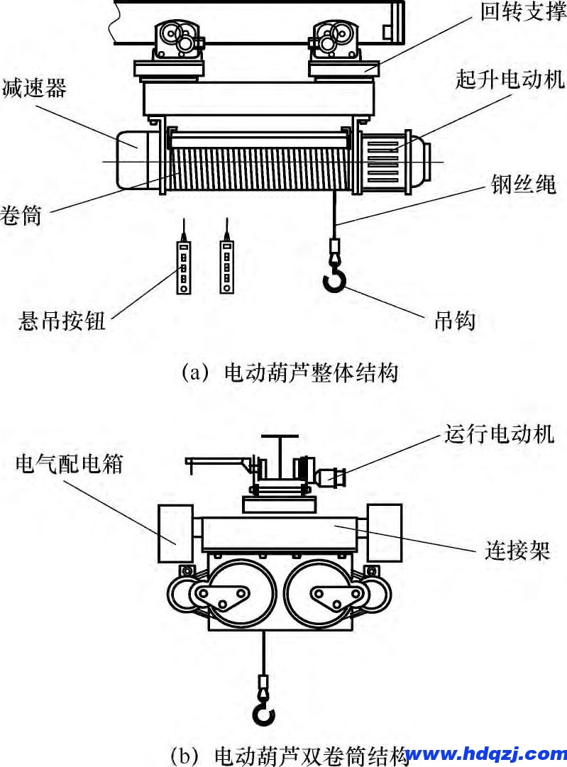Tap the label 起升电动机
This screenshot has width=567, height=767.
tap(510, 80)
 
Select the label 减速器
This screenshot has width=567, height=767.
tap(34, 89)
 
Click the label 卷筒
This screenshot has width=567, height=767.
tap(21, 215)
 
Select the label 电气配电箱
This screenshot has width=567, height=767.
tap(69, 464)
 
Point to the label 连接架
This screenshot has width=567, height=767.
tap(517, 550)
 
